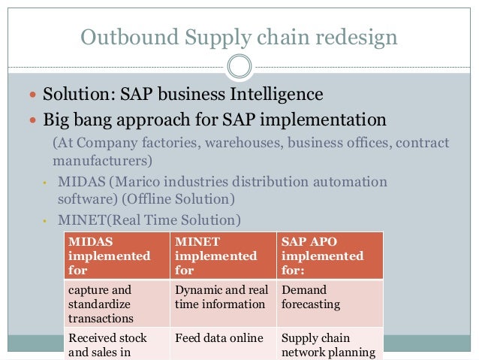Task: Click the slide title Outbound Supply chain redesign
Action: [x=239, y=35]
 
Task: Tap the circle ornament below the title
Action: [x=239, y=66]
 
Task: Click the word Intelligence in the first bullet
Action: [x=272, y=95]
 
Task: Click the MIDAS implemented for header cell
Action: [x=116, y=255]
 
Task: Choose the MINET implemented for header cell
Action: [x=222, y=255]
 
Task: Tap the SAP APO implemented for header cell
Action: [x=329, y=255]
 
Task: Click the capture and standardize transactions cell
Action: [x=116, y=303]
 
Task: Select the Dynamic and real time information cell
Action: [x=222, y=297]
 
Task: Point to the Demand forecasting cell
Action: [x=329, y=297]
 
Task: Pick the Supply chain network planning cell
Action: [x=329, y=345]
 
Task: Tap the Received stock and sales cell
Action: [x=116, y=345]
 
